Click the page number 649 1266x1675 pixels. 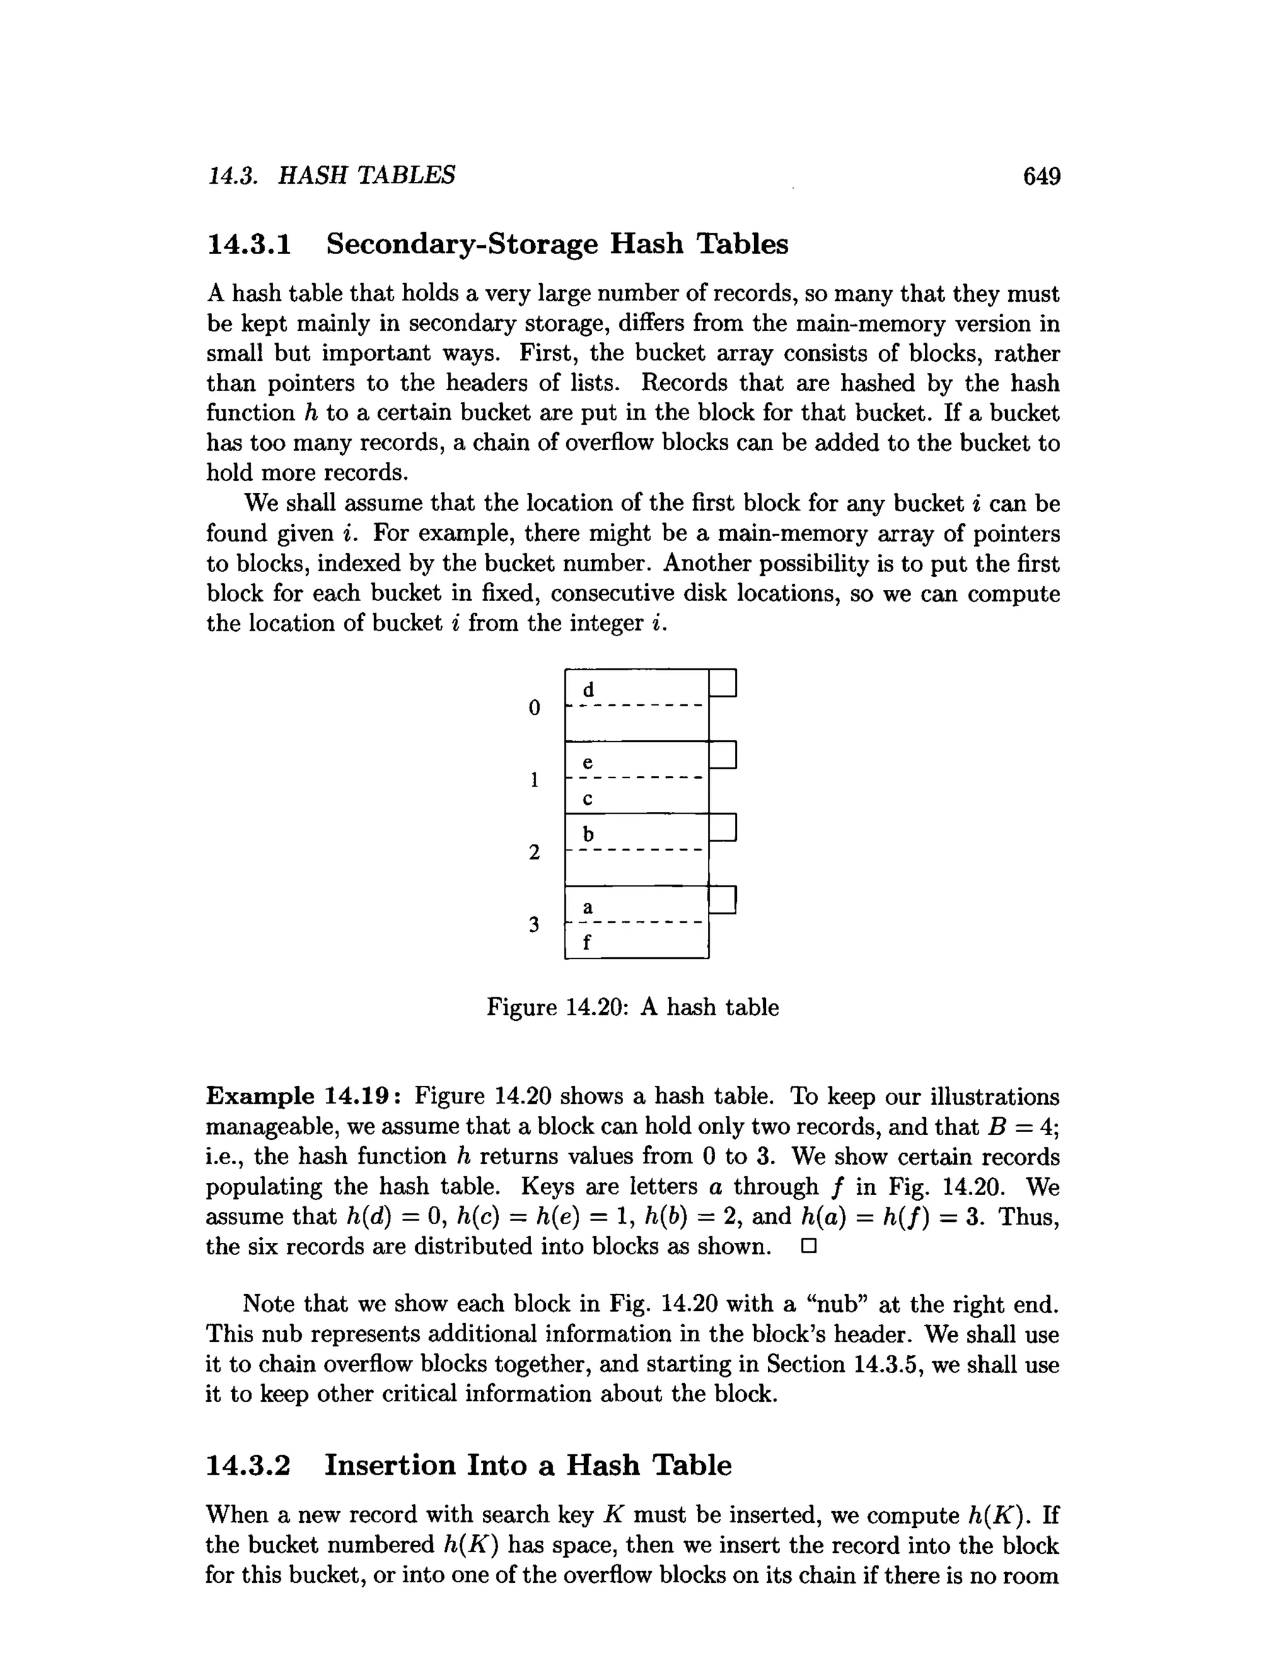pos(1041,176)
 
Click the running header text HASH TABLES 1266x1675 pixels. pos(367,176)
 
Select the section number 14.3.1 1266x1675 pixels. pos(249,245)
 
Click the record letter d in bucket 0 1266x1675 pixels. pos(588,690)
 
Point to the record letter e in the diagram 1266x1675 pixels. pos(588,762)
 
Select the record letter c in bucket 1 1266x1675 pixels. pos(588,799)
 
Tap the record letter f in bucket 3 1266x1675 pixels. pos(587,943)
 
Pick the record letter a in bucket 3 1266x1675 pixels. pos(588,907)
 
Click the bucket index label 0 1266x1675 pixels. pos(535,708)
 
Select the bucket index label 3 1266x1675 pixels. pos(535,924)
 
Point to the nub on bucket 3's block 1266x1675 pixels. pos(723,900)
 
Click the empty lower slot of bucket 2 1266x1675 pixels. pos(636,869)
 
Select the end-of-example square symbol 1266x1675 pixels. pos(809,1246)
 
